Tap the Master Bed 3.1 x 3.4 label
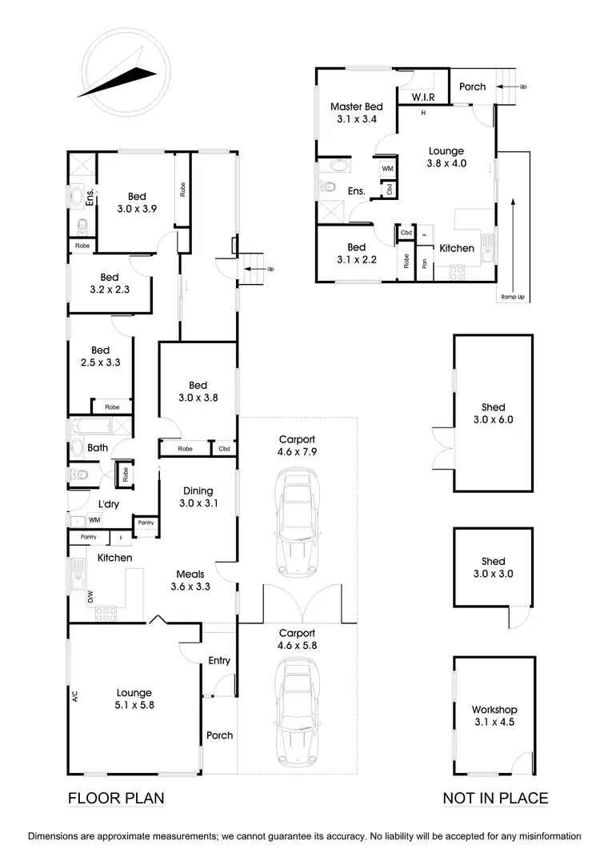(357, 113)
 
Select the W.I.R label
(423, 98)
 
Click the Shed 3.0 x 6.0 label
(493, 414)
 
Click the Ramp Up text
(513, 297)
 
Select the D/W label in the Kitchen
(90, 595)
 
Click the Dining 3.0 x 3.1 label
(198, 497)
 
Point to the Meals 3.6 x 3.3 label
(190, 580)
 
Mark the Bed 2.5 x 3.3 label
(100, 356)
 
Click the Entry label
(219, 660)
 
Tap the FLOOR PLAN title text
(116, 798)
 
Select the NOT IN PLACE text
(496, 798)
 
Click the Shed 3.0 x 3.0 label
(493, 568)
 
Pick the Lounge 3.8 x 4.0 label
(446, 157)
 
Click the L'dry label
(109, 504)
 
